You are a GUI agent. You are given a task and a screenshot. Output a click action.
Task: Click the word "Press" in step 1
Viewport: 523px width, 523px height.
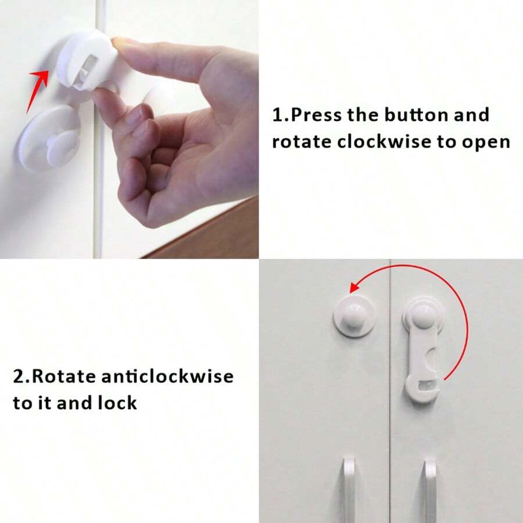pyautogui.click(x=316, y=115)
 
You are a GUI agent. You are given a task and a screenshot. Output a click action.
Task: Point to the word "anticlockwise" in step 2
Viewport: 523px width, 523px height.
pyautogui.click(x=167, y=376)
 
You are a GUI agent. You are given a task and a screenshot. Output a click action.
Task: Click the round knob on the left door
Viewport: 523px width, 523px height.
pyautogui.click(x=354, y=316)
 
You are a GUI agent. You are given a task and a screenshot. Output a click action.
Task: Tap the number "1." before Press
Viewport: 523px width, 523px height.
pyautogui.click(x=280, y=115)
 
